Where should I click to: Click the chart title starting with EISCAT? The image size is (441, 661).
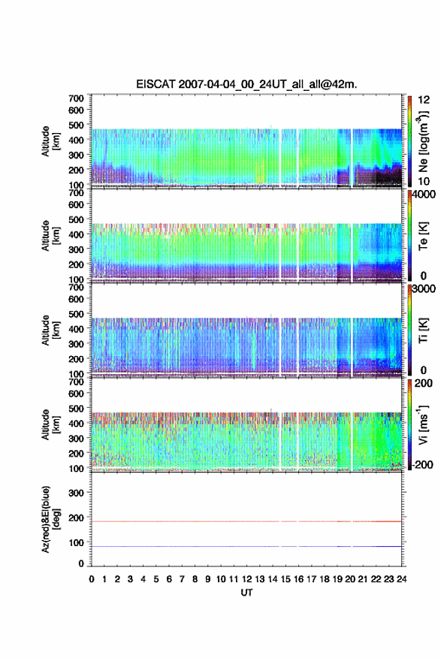click(246, 84)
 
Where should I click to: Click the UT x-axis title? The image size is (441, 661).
click(246, 593)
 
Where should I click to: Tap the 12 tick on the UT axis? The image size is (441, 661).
click(246, 579)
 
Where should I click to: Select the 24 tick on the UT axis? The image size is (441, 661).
click(401, 579)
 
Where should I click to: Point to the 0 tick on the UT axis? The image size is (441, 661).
click(92, 579)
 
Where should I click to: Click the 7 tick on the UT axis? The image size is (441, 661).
click(182, 579)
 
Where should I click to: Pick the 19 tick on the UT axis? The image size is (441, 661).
click(337, 579)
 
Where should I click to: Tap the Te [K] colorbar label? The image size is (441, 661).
click(423, 236)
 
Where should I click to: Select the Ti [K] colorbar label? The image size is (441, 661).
click(423, 330)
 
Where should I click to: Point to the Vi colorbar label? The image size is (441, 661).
click(423, 424)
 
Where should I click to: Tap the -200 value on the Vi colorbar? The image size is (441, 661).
click(422, 464)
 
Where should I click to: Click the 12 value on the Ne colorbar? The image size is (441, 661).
click(424, 100)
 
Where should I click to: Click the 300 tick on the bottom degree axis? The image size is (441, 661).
click(76, 493)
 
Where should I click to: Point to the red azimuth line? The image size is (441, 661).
click(246, 521)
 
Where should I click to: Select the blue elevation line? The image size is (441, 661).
click(246, 546)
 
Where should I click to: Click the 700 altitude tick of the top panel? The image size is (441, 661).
click(76, 98)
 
